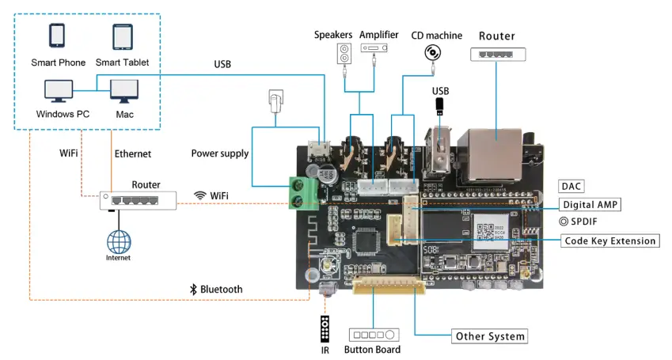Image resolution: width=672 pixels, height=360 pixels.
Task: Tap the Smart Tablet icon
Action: tap(122, 36)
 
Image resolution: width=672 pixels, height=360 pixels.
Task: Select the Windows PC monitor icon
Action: tap(59, 91)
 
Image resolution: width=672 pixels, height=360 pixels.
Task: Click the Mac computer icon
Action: tap(123, 91)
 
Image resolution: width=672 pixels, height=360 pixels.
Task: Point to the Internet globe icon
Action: tap(119, 241)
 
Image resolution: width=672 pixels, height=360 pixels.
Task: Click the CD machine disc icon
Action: tap(433, 53)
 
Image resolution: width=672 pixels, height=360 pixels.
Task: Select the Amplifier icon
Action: tap(375, 49)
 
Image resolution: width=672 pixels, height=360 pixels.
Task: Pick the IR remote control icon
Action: tap(324, 328)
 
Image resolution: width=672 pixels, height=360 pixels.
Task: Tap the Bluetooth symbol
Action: tap(192, 290)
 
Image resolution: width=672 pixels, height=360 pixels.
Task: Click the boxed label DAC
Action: tap(571, 187)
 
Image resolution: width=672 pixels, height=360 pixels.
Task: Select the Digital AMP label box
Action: tap(589, 204)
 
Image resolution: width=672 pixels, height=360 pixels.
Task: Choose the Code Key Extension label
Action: tap(609, 241)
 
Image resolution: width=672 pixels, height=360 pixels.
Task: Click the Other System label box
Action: tap(489, 336)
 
